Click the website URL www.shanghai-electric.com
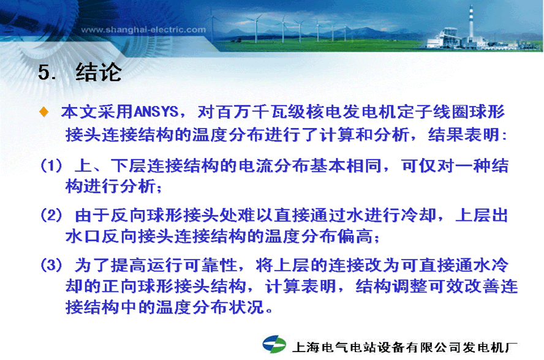(x=143, y=30)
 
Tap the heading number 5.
(x=47, y=72)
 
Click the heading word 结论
(x=99, y=72)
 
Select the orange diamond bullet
(x=44, y=111)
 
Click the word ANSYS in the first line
(x=156, y=111)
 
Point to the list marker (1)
(x=51, y=165)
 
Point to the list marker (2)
(x=51, y=215)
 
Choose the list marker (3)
(x=51, y=265)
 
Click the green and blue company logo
(x=274, y=343)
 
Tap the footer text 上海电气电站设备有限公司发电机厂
(x=405, y=347)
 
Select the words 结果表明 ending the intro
(x=464, y=134)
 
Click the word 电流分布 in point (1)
(x=274, y=165)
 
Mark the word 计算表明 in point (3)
(x=301, y=286)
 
